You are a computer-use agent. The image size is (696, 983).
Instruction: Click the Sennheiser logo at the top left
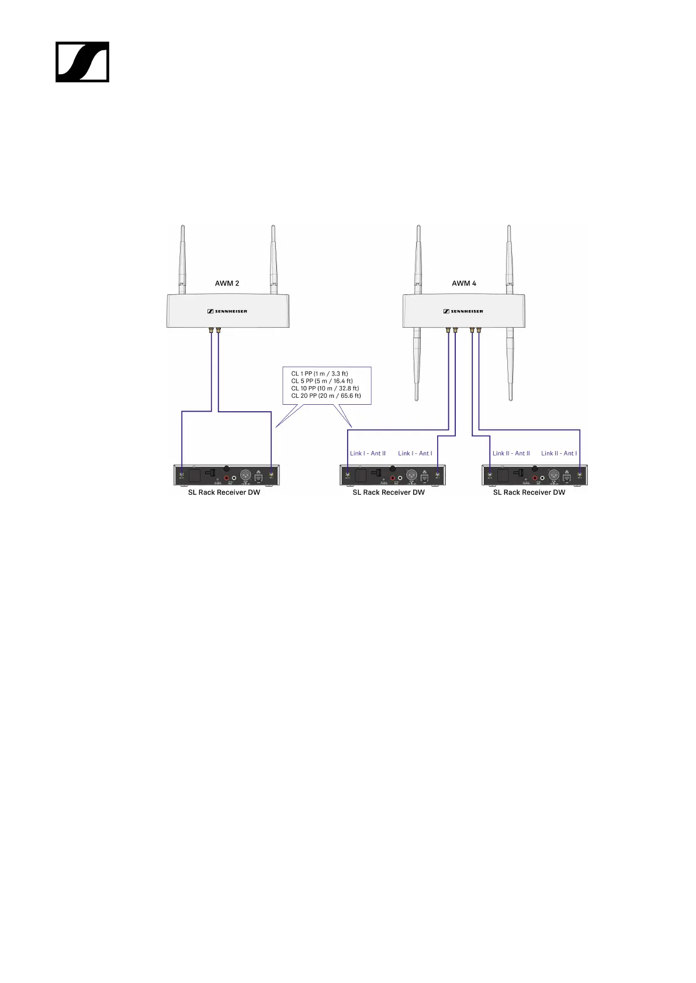[x=82, y=62]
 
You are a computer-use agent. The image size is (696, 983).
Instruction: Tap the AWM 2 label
[x=227, y=283]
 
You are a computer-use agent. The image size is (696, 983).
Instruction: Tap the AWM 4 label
[x=463, y=283]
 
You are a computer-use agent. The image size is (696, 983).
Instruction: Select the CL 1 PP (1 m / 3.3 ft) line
[x=319, y=373]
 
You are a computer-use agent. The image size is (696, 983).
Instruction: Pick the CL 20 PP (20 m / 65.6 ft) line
[x=326, y=396]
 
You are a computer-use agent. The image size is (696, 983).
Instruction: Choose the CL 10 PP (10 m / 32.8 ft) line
[x=324, y=388]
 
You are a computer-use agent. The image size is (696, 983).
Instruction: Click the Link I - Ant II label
[x=368, y=453]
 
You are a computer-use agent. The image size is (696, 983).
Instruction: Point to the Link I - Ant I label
[x=415, y=453]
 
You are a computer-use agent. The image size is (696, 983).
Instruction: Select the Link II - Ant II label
[x=511, y=453]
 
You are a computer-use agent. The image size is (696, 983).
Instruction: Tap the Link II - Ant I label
[x=559, y=453]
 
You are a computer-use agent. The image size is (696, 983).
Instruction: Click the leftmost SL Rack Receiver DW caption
[x=224, y=492]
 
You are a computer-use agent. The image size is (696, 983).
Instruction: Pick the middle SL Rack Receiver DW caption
[x=389, y=492]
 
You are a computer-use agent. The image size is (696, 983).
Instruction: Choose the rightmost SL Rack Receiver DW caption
[x=529, y=492]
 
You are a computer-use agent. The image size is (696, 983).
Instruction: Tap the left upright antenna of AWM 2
[x=182, y=257]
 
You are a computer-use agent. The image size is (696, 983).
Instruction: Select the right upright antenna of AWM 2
[x=272, y=257]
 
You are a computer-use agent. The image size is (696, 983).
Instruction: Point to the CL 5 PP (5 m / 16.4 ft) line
[x=321, y=381]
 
